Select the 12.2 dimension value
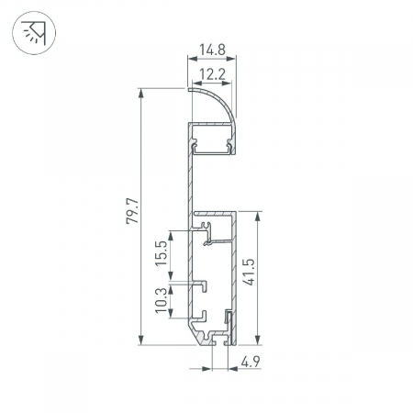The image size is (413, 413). click(x=211, y=73)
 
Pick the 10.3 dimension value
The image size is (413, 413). click(x=162, y=300)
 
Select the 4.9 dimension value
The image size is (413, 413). click(x=249, y=360)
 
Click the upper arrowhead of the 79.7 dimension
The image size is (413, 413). click(x=142, y=93)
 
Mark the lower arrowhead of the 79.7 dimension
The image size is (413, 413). click(x=142, y=336)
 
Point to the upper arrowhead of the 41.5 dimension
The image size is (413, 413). click(x=258, y=214)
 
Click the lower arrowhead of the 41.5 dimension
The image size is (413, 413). click(x=258, y=336)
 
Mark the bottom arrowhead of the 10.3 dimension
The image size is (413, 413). click(x=173, y=315)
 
